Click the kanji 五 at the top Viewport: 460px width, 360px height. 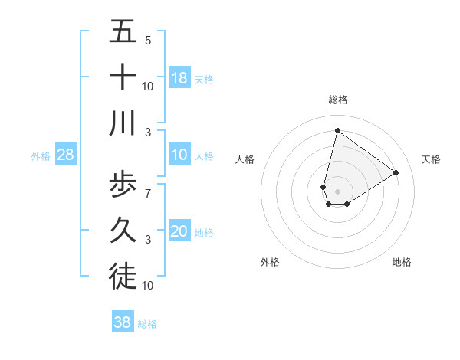(x=123, y=32)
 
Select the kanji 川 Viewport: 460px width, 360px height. (x=123, y=123)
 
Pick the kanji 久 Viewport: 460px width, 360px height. (x=123, y=231)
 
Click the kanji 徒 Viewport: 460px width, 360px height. (x=123, y=277)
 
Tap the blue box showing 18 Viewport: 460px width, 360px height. (x=179, y=78)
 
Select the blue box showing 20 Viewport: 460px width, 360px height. (x=179, y=232)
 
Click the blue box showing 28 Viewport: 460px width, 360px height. (x=66, y=155)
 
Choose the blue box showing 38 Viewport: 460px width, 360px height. (x=123, y=322)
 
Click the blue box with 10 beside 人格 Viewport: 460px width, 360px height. (x=179, y=155)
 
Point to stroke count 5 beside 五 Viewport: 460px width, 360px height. (x=148, y=41)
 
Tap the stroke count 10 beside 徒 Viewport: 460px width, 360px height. (x=148, y=286)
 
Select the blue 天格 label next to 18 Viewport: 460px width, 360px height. (x=204, y=80)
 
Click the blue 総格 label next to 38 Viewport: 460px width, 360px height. (x=147, y=324)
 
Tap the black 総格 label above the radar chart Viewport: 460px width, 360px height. (x=337, y=100)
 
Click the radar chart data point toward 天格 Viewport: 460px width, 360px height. (x=396, y=172)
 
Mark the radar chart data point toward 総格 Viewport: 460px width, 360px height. (x=337, y=130)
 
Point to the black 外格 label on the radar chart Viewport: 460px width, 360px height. (x=270, y=262)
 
